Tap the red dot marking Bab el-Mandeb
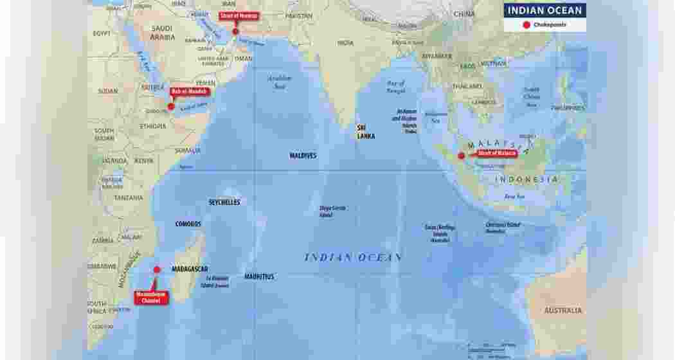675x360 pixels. click(171, 107)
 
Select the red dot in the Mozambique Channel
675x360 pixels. click(157, 270)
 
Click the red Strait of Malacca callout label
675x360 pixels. click(496, 153)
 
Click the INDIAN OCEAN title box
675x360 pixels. click(544, 10)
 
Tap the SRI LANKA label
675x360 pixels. click(366, 132)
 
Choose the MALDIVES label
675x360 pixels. click(303, 156)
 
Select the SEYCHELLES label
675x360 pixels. click(224, 202)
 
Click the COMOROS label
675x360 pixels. click(188, 224)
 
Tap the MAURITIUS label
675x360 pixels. click(259, 277)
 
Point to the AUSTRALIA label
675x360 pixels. click(563, 310)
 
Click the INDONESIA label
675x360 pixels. click(526, 179)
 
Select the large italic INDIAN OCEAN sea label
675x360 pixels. click(353, 257)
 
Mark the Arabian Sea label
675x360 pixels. click(279, 82)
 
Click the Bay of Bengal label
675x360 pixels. click(396, 87)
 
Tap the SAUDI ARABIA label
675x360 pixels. click(162, 33)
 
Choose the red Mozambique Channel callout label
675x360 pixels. click(150, 298)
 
